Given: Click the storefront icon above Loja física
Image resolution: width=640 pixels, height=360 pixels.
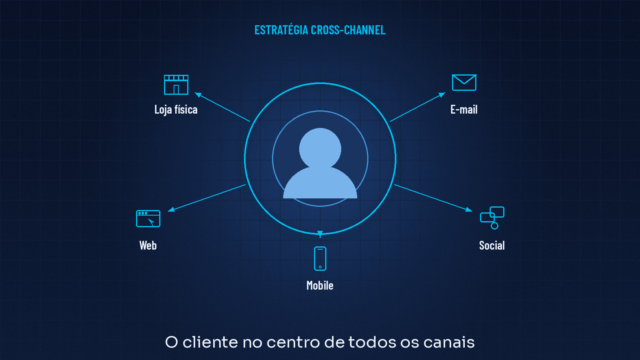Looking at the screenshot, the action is [x=176, y=84].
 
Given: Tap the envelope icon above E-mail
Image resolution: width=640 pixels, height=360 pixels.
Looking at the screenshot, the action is [x=464, y=82].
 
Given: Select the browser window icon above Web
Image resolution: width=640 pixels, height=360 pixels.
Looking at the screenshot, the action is [x=148, y=218].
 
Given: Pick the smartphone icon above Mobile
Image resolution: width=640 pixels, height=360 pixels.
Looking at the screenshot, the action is [x=320, y=258].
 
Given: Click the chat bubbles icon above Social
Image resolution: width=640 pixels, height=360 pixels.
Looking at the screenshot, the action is [x=492, y=218].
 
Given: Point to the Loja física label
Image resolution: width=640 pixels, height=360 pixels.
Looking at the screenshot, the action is [x=176, y=109].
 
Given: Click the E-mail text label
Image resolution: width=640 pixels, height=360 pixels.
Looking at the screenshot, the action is [x=464, y=109].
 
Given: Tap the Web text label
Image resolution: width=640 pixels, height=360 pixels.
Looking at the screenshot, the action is [x=148, y=245].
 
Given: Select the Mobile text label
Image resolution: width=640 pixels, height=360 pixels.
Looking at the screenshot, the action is [x=320, y=285].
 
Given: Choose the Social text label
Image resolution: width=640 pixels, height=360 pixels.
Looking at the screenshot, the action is [x=492, y=245].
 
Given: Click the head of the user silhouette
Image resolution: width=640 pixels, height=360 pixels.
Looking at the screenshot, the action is [x=320, y=148].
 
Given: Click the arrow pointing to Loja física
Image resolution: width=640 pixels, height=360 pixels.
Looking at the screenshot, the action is [x=222, y=107].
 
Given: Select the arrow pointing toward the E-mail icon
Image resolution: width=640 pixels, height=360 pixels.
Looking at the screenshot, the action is [x=418, y=107].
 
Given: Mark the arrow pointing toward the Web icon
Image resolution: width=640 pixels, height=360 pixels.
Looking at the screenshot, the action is [x=207, y=198].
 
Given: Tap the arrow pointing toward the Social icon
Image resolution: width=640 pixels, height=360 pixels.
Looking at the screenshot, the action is [x=433, y=198].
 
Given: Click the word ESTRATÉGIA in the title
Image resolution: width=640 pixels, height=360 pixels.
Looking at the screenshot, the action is [x=281, y=30].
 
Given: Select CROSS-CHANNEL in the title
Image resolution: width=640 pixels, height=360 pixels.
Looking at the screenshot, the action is [x=348, y=30].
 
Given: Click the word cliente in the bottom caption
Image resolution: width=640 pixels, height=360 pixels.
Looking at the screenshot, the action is [x=210, y=342].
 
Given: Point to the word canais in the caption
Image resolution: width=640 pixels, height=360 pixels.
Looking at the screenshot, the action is [x=449, y=342].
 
